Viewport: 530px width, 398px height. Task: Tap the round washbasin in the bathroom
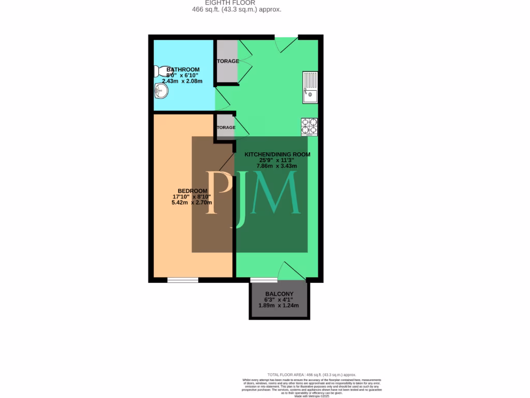pyautogui.click(x=161, y=91)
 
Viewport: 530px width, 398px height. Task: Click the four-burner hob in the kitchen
pyautogui.click(x=310, y=127)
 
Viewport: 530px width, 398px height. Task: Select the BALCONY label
pyautogui.click(x=279, y=294)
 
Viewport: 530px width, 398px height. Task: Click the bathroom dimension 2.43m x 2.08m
pyautogui.click(x=182, y=81)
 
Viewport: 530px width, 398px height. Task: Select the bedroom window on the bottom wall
pyautogui.click(x=183, y=280)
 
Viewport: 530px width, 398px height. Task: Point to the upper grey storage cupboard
pyautogui.click(x=227, y=61)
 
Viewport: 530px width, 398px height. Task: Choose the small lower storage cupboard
pyautogui.click(x=225, y=127)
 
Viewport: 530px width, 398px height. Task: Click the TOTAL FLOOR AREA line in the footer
pyautogui.click(x=312, y=375)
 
